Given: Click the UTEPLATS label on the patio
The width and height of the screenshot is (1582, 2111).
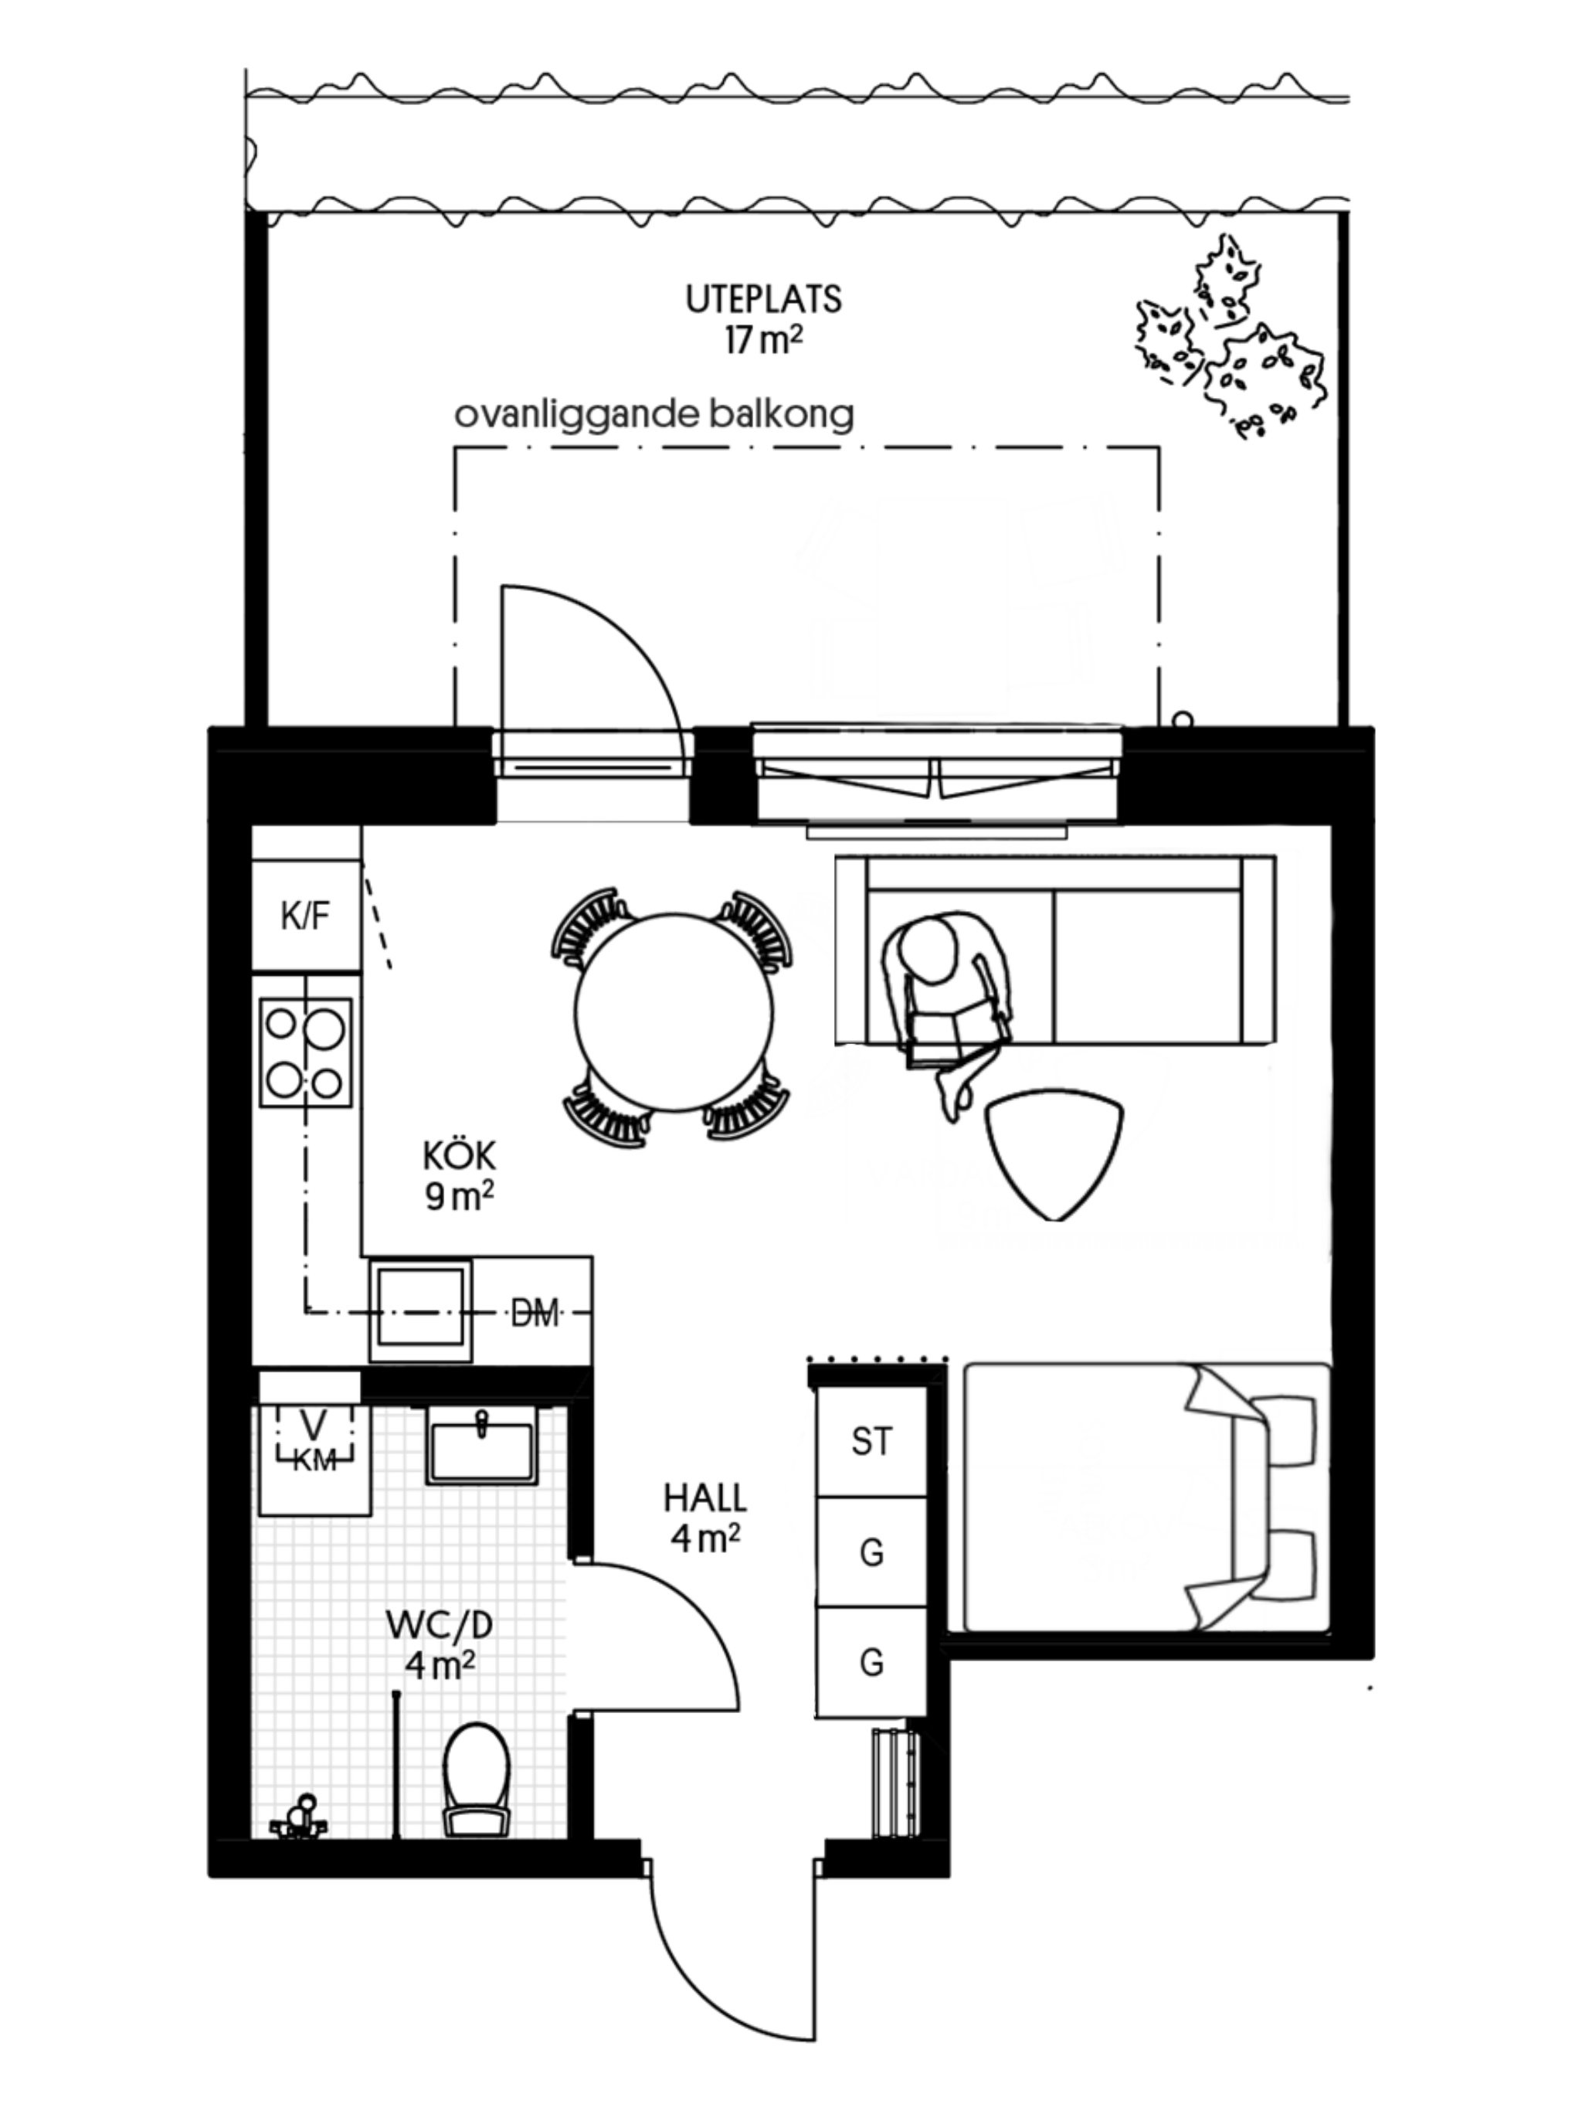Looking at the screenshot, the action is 763,300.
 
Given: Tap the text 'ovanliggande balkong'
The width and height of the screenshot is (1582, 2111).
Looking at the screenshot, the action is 654,415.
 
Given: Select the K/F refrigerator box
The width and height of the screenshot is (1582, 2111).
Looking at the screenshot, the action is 305,916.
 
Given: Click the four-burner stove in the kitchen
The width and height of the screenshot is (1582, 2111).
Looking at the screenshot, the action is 305,1052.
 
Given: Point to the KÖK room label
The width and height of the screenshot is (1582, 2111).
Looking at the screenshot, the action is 460,1157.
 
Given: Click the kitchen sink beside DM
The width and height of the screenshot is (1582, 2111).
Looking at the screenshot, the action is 421,1311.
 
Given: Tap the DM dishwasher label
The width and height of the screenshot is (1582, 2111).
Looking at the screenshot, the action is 535,1314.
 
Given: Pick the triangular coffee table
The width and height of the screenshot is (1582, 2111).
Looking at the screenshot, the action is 1054,1153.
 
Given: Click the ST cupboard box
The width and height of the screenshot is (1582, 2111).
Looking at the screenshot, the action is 872,1441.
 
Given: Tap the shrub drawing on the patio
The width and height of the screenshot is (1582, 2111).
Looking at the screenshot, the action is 1230,336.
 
